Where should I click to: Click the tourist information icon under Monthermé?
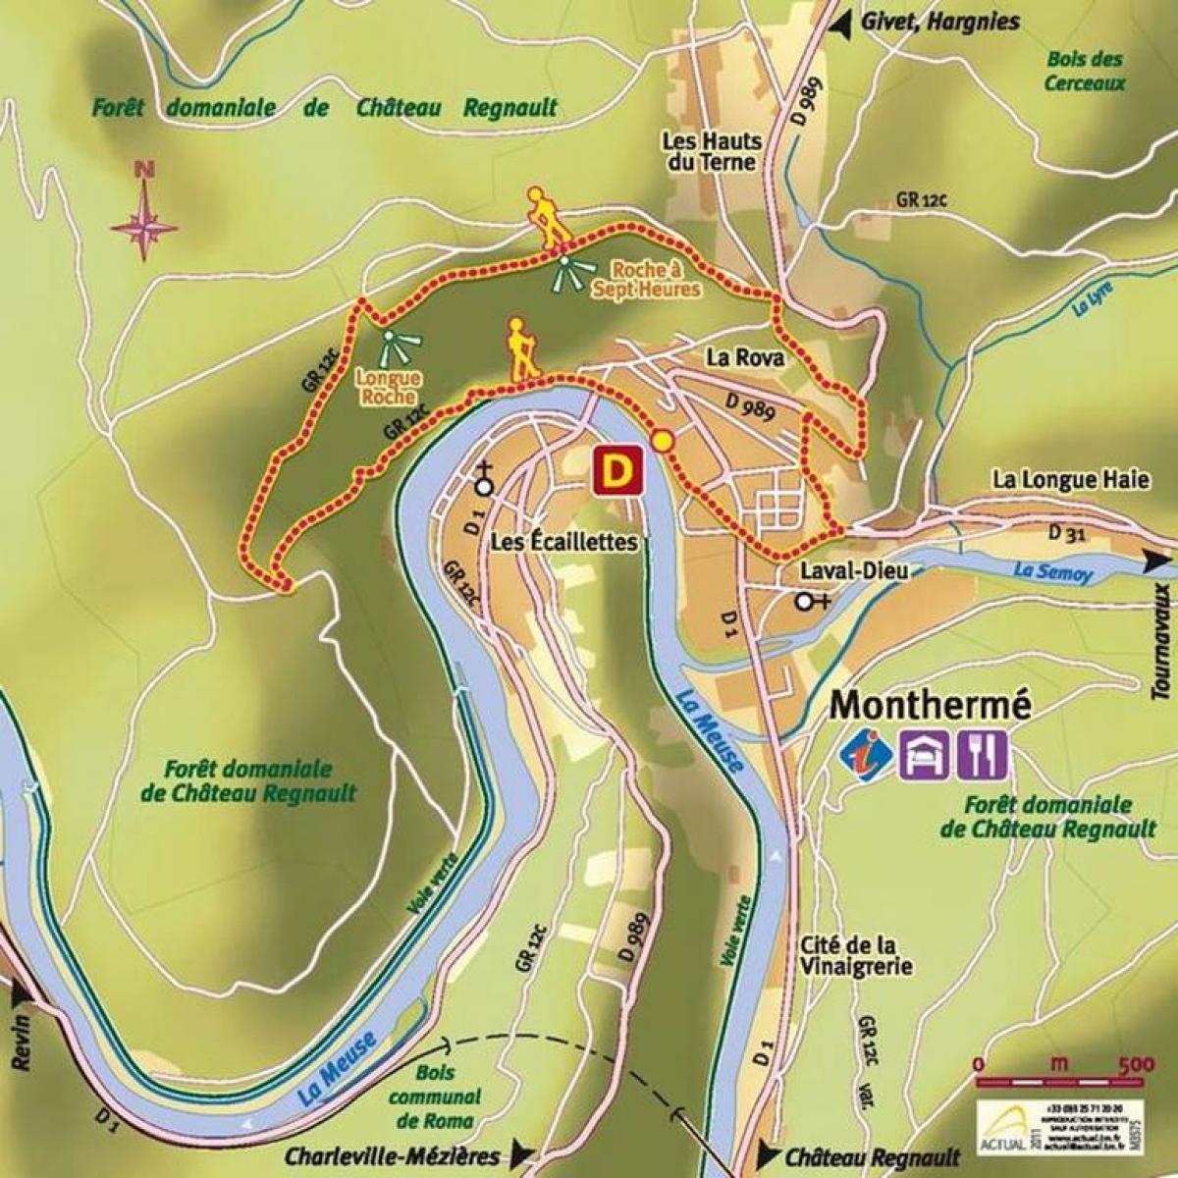coord(868,754)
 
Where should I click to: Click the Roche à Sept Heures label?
coord(645,279)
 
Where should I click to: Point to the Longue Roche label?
coord(375,388)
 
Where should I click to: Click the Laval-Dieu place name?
coord(834,570)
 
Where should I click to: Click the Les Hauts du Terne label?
coord(712,151)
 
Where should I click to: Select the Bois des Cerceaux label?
coord(1084,71)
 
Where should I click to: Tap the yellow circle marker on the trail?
coord(664,442)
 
